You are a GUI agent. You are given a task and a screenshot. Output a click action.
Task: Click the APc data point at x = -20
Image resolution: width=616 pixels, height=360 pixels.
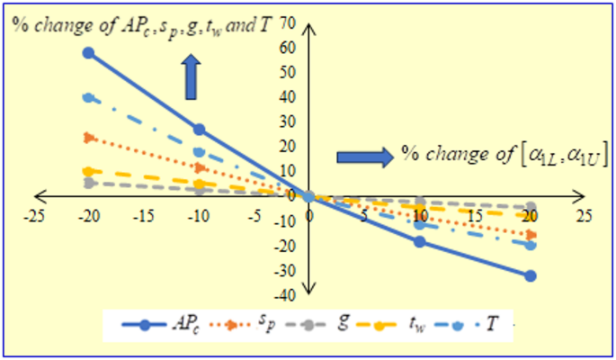tap(88, 52)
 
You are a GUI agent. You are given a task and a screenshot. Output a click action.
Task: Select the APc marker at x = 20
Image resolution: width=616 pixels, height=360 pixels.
tap(531, 275)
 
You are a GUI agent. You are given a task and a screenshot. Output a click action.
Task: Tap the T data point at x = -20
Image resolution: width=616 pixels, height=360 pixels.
tap(88, 97)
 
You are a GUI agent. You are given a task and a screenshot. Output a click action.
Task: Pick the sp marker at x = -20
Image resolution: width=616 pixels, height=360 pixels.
tap(88, 137)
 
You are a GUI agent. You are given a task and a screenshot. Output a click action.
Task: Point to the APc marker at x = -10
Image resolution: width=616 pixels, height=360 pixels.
tap(199, 130)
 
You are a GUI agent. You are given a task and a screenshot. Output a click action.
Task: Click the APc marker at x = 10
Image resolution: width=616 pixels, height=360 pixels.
tap(420, 241)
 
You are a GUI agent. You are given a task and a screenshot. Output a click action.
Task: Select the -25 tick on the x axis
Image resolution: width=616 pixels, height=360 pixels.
tap(33, 217)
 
